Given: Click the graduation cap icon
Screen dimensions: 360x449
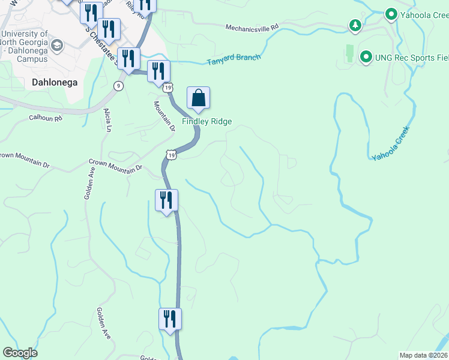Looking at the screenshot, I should pos(57,46).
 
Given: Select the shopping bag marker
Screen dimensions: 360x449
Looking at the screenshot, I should pos(198,98).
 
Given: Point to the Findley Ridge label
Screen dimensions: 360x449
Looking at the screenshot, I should pos(207,121).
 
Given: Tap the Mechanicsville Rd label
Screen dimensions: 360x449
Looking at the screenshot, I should pos(252,28).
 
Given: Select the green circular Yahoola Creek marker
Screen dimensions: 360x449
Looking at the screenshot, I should pos(391,14).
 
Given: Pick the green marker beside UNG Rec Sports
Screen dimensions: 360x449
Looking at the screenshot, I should pos(366,57).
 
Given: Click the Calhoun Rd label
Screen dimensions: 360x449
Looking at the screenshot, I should pos(46,118).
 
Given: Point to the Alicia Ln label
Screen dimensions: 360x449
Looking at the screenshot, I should pos(108,121).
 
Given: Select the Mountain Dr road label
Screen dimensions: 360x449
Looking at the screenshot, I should pos(163,116).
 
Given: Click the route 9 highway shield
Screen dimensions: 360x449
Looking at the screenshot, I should pos(119,86).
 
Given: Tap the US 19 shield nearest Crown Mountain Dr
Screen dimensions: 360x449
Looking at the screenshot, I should pos(172,155).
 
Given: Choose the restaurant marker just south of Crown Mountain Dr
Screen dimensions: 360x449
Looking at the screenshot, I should pos(166,200).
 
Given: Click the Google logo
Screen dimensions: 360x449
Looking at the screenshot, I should pos(20,353).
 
